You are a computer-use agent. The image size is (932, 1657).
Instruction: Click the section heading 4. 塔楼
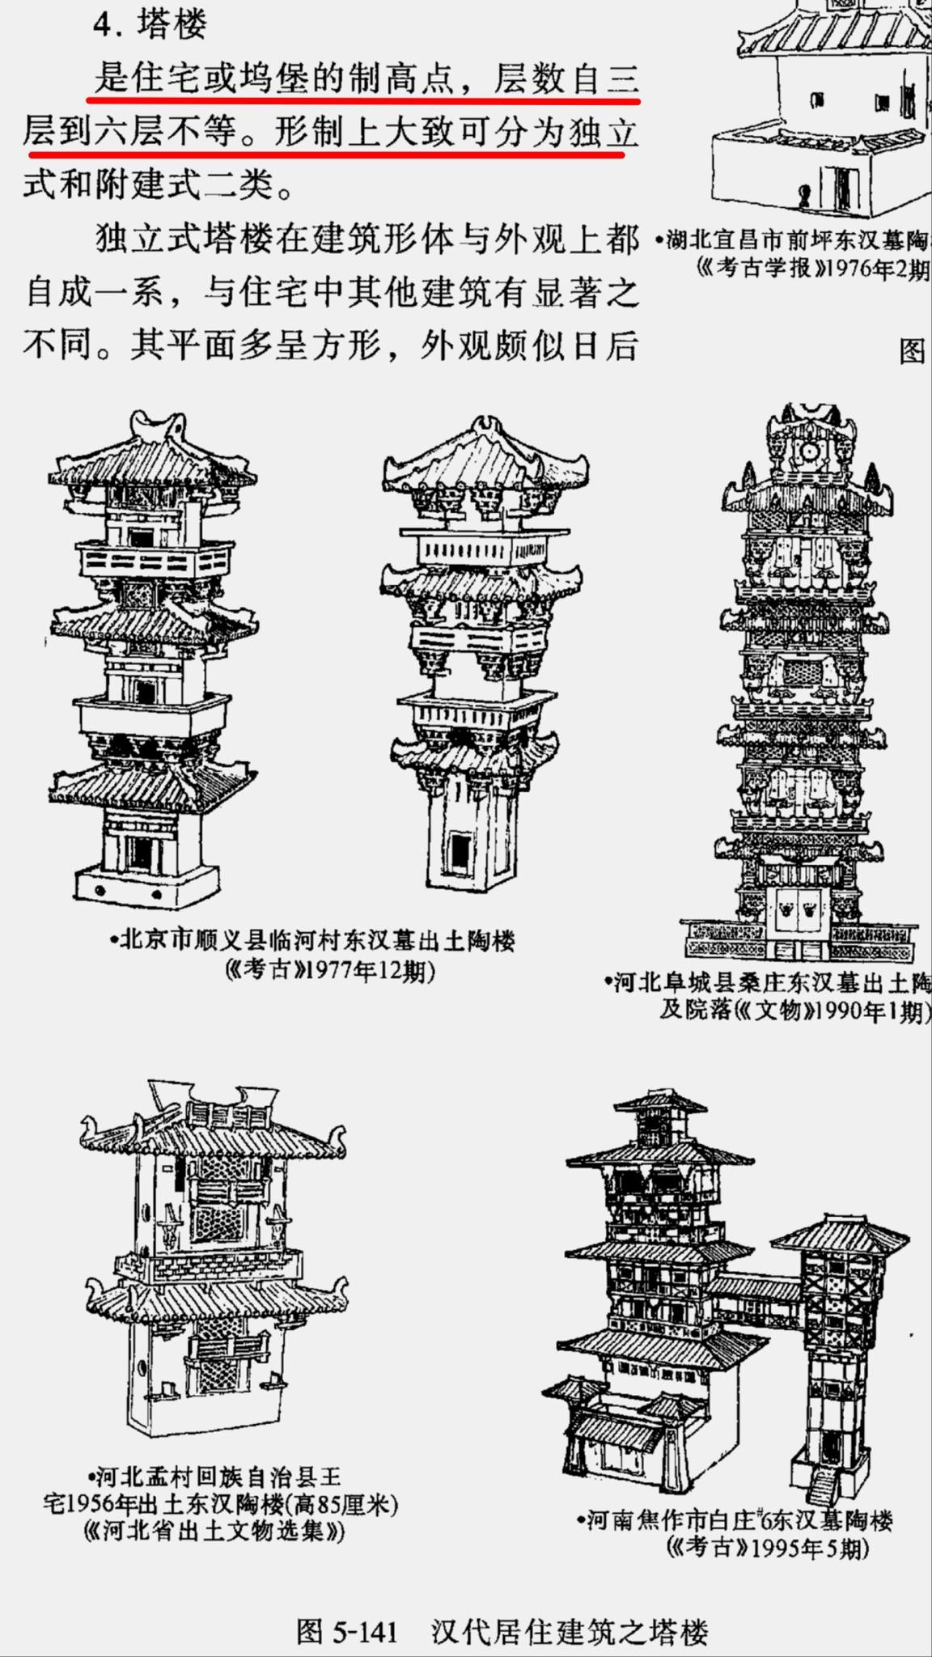[150, 24]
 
